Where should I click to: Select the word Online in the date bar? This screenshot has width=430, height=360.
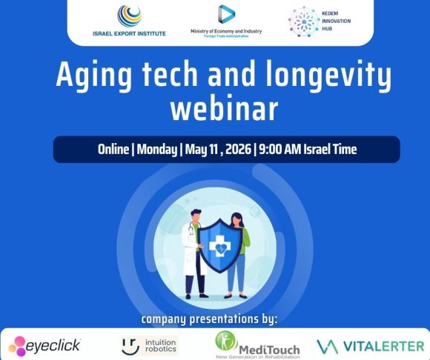118,149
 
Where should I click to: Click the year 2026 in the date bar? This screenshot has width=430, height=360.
236,149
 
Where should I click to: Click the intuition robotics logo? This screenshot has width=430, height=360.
150,344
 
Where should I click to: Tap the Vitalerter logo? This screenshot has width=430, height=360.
370,345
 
